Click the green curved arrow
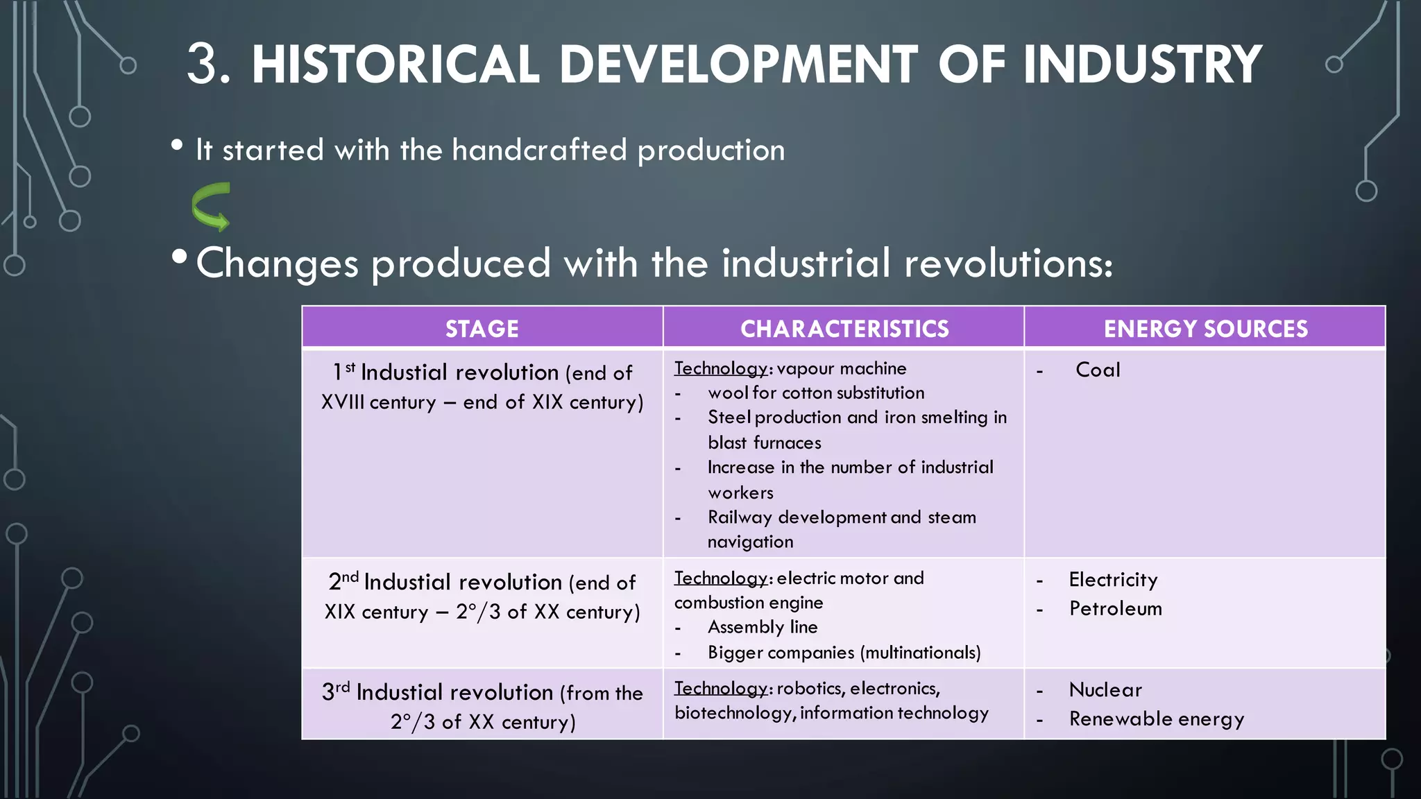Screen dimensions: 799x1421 [211, 206]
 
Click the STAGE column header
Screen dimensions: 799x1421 [482, 329]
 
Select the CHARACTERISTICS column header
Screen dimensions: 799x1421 [844, 329]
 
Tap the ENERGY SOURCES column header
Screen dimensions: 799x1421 [1205, 329]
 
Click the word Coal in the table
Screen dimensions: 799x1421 [1098, 370]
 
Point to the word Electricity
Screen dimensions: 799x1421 [1113, 579]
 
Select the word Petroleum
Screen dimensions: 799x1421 [1115, 608]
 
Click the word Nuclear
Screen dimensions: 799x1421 [1105, 689]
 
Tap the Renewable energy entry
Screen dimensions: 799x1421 [1156, 719]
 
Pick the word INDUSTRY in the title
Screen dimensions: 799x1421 [1142, 65]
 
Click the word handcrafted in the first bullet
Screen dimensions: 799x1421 [539, 150]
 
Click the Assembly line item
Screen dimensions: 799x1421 [763, 627]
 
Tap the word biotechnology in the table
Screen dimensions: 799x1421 [734, 713]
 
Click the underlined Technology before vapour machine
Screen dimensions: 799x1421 [720, 368]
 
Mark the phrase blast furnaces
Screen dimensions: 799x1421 [764, 443]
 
